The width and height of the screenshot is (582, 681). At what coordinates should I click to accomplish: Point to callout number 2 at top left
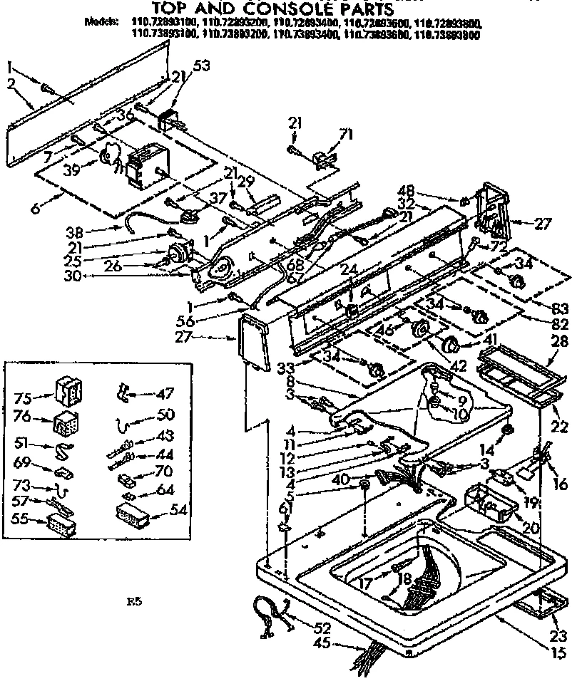pyautogui.click(x=10, y=83)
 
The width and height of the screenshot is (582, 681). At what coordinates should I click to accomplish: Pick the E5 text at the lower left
pyautogui.click(x=135, y=602)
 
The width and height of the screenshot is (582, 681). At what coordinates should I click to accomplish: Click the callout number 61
pyautogui.click(x=285, y=507)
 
